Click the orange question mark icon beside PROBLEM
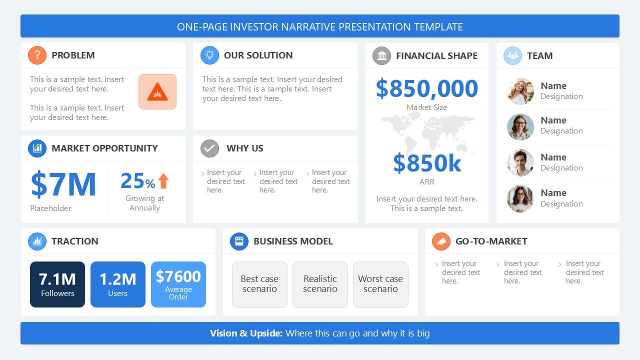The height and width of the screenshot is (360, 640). click(37, 55)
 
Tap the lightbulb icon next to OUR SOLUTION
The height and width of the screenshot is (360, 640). click(209, 55)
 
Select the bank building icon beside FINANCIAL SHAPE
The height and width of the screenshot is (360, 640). click(381, 55)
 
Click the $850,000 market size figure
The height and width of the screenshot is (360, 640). click(426, 88)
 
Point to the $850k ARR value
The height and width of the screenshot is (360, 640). click(426, 163)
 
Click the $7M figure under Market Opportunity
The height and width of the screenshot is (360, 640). click(63, 184)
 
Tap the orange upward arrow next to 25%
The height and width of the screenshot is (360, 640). click(163, 181)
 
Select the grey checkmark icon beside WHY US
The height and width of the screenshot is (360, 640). click(209, 148)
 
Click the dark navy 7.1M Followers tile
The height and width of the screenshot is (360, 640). click(57, 284)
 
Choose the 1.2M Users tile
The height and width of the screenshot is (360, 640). click(118, 284)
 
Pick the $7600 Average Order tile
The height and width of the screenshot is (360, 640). click(178, 284)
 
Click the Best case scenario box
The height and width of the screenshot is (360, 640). click(259, 284)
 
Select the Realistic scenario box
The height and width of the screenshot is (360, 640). click(320, 284)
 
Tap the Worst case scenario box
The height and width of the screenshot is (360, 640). click(380, 284)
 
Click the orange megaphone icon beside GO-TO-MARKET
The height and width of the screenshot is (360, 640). click(441, 241)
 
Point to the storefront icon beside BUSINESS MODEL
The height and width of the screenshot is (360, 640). click(239, 241)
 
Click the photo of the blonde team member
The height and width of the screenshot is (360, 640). click(520, 91)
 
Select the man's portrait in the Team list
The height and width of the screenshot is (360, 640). click(520, 163)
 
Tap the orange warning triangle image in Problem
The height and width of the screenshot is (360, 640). click(157, 92)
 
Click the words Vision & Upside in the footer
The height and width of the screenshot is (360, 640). click(246, 333)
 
